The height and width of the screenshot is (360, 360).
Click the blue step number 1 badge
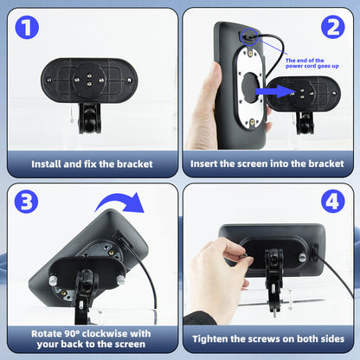click(x=27, y=28)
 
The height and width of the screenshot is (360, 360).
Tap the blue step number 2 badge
click(x=333, y=27)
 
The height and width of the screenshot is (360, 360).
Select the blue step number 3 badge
click(x=26, y=202)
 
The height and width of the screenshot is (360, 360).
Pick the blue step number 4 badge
click(x=333, y=201)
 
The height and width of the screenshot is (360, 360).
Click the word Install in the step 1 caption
click(x=46, y=164)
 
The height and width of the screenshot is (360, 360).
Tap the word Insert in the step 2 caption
click(x=203, y=164)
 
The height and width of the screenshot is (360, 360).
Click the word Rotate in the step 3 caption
click(x=47, y=334)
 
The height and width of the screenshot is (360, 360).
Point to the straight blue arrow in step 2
click(x=275, y=92)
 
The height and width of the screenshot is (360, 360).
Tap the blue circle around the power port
click(x=249, y=37)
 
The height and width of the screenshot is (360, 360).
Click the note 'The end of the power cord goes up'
click(x=312, y=63)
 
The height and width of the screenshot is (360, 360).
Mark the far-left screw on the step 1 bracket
click(x=49, y=80)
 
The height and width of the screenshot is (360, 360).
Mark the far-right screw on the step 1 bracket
click(x=129, y=80)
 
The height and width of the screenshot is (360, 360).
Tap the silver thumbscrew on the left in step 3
click(x=53, y=280)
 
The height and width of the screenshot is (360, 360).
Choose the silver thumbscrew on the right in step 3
click(x=121, y=280)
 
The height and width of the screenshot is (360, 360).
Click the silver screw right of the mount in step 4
click(x=303, y=257)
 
